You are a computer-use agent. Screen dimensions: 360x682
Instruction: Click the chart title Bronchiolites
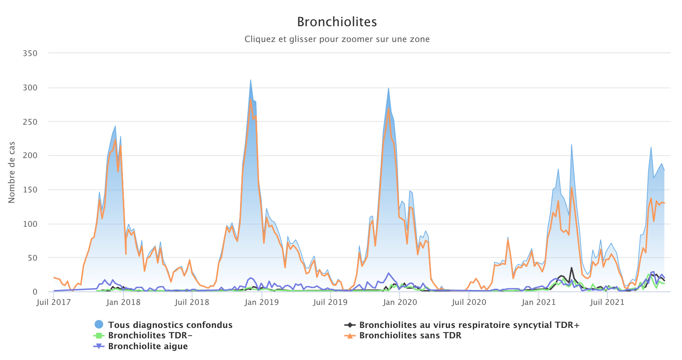pyautogui.click(x=337, y=22)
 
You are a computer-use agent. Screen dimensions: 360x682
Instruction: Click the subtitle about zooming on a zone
pyautogui.click(x=337, y=39)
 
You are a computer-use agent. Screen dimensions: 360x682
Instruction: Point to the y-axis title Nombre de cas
pyautogui.click(x=11, y=173)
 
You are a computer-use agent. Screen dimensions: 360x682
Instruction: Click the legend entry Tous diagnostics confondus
pyautogui.click(x=170, y=325)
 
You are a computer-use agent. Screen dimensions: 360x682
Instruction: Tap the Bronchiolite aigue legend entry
pyautogui.click(x=148, y=346)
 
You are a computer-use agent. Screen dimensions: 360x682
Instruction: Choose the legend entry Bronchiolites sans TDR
pyautogui.click(x=410, y=336)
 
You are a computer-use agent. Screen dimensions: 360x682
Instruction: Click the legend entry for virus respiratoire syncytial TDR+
pyautogui.click(x=469, y=325)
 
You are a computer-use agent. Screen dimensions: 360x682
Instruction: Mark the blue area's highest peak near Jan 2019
pyautogui.click(x=250, y=80)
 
